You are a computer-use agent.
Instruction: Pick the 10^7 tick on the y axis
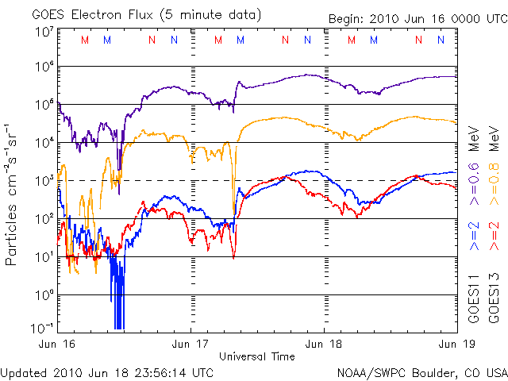coord(44,32)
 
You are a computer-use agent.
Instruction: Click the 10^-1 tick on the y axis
coord(43,327)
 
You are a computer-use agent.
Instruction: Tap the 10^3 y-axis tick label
coord(44,180)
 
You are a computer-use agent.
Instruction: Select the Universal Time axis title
coord(257,356)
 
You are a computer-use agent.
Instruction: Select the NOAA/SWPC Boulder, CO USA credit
coord(421,372)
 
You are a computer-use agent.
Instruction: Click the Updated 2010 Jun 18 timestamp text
coord(106,372)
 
